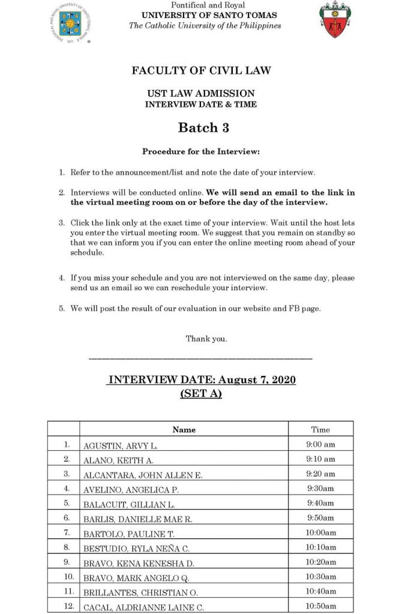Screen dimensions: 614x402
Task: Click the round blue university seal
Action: tap(70, 23)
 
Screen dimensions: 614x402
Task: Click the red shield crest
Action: tap(332, 20)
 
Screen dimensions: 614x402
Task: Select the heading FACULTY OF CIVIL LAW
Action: tap(201, 70)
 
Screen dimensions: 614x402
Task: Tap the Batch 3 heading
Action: tap(203, 128)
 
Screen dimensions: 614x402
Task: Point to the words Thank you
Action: tap(206, 339)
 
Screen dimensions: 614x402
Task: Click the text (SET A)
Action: tap(201, 394)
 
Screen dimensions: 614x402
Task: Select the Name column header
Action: tap(184, 429)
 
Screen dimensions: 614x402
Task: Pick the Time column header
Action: tap(320, 429)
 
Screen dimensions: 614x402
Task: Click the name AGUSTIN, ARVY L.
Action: tap(120, 446)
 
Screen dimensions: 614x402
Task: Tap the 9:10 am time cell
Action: tap(320, 459)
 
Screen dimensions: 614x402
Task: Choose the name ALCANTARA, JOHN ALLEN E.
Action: tap(143, 475)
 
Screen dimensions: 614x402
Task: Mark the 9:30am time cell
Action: tap(320, 489)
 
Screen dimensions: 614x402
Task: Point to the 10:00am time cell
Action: tap(320, 532)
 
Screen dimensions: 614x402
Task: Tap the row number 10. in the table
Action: tap(69, 576)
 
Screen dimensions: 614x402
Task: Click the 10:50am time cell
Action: tap(320, 606)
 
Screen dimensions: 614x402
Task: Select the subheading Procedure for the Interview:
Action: tap(200, 152)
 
